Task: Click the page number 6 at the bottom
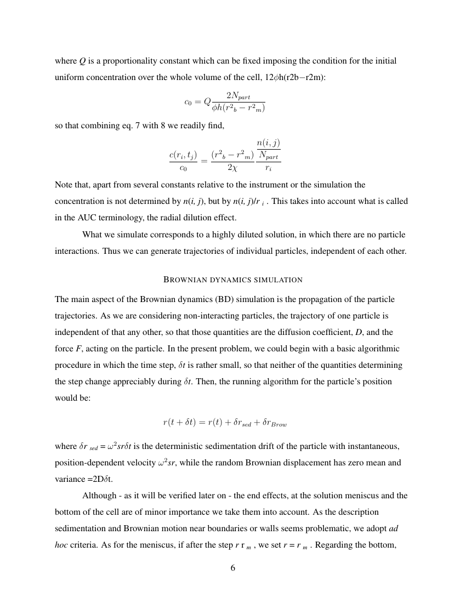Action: coord(233,568)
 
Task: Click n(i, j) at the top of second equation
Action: coord(268,143)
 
